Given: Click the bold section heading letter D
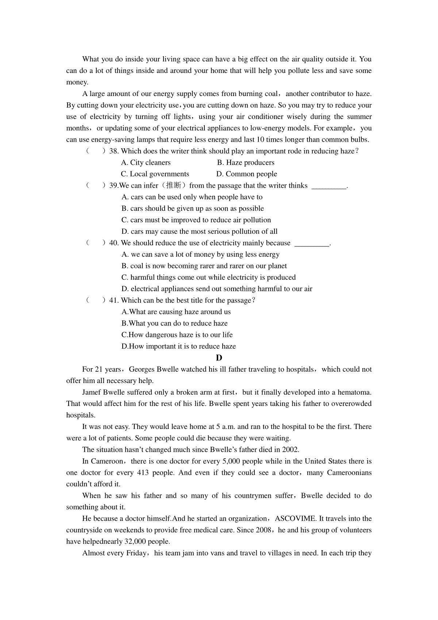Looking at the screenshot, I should coord(219,358).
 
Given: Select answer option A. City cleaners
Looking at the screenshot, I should coord(146,162).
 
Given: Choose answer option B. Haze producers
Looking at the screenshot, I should coord(246,162).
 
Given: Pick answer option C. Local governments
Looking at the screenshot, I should coord(155,174).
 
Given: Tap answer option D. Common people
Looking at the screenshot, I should coord(247,174).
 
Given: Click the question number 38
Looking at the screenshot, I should coord(114,151).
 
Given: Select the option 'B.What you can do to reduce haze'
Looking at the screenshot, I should coord(174,324).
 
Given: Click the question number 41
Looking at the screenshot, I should coord(114,301).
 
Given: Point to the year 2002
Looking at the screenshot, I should coord(291,450).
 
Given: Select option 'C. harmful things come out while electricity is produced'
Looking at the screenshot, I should coord(208,278).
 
